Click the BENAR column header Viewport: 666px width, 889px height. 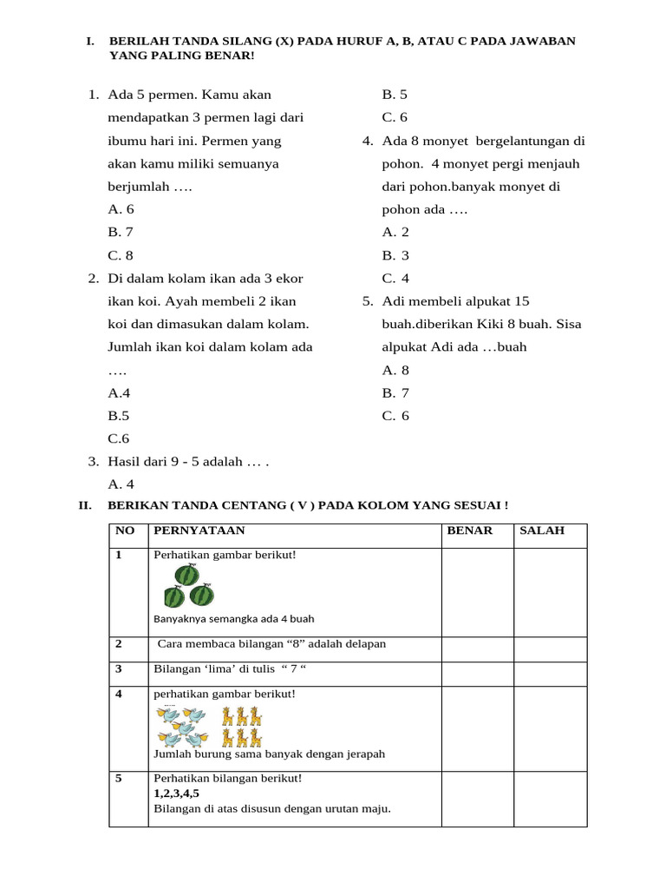tap(469, 530)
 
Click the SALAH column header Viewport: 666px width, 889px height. tap(542, 530)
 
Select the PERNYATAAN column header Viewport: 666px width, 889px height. tap(199, 530)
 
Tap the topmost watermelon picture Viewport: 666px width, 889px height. tap(187, 574)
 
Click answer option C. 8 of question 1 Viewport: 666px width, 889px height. tap(121, 255)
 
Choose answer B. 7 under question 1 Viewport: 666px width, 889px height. tap(121, 232)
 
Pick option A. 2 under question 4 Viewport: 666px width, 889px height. tap(395, 232)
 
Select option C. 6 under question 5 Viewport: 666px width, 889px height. tap(395, 416)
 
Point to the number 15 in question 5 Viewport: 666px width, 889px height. tap(521, 301)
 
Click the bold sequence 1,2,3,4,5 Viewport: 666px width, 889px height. tap(176, 794)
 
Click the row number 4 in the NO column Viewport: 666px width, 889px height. tap(119, 695)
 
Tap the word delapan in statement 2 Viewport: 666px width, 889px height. tap(366, 644)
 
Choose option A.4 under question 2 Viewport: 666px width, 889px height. tap(119, 393)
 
